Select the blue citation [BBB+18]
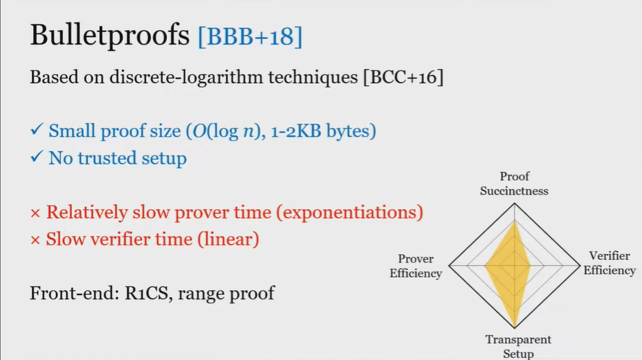tap(250, 36)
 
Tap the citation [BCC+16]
tap(403, 77)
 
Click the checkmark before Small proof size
tap(36, 130)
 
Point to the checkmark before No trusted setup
tap(36, 157)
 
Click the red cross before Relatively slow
tap(35, 213)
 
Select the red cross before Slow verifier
tap(35, 240)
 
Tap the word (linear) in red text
tap(228, 239)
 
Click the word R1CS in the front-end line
tap(146, 293)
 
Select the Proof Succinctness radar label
tap(514, 183)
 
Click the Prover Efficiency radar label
tap(416, 266)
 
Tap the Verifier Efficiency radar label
tap(609, 263)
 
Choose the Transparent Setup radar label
tap(518, 347)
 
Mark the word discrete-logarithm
tap(186, 78)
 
